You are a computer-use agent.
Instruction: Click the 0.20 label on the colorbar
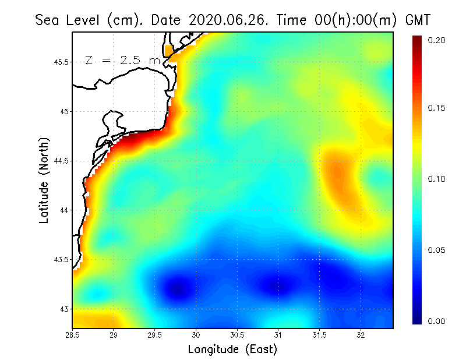click(x=436, y=40)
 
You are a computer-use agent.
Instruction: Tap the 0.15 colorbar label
click(x=436, y=108)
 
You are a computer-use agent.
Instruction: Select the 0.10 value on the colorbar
click(x=436, y=179)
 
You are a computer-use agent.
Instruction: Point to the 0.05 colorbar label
click(x=436, y=250)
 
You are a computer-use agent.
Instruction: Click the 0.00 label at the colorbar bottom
click(x=436, y=321)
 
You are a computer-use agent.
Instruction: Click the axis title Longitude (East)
click(x=232, y=350)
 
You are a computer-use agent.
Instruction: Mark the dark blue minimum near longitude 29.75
click(x=178, y=288)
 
